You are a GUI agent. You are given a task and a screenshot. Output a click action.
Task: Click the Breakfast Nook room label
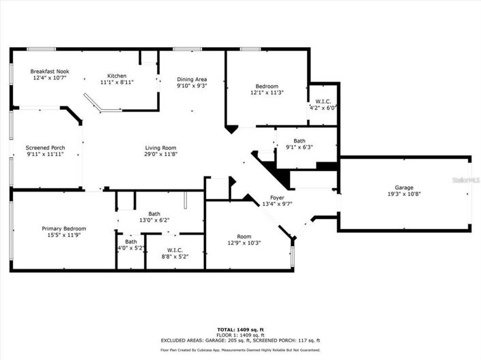coord(49,72)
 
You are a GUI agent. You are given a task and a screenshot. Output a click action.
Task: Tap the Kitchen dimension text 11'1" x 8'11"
coord(117,82)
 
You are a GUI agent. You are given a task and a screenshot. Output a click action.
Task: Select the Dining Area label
coord(192,79)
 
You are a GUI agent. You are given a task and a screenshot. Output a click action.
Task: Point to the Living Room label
coord(160,148)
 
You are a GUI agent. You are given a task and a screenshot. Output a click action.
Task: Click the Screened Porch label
coord(45,148)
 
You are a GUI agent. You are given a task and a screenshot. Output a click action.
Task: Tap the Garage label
coord(404,187)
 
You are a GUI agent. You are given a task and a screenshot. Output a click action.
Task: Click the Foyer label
coord(276,198)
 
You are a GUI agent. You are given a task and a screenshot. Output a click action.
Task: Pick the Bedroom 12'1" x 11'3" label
coord(267,86)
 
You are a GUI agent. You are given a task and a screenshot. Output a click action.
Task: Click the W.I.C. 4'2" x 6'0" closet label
coord(323,104)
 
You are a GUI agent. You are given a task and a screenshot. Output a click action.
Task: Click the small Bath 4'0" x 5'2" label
coord(130,244)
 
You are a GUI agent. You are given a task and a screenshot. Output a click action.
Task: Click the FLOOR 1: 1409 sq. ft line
coord(240,335)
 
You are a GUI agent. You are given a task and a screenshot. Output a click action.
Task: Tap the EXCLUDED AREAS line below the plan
coord(240,340)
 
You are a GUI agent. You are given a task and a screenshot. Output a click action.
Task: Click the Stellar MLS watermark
coord(467,180)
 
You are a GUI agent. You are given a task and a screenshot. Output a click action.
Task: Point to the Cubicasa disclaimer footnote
coord(240,350)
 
